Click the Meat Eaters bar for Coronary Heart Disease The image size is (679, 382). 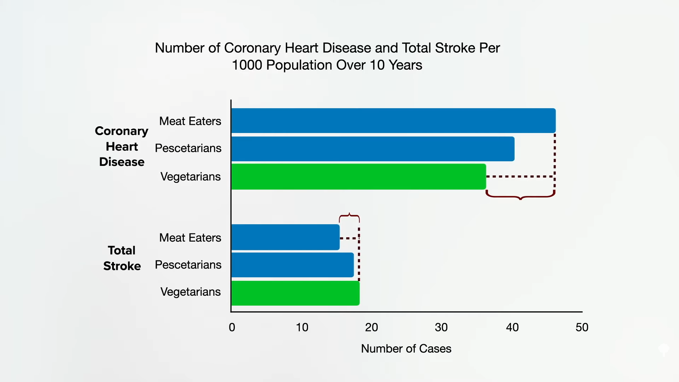[x=394, y=121]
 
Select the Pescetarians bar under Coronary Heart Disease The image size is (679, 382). [x=373, y=149]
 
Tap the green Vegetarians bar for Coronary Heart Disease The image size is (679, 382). [x=359, y=176]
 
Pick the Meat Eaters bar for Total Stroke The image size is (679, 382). [x=286, y=237]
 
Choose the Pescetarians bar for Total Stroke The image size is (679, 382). [x=293, y=265]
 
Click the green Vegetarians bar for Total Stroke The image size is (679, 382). [x=296, y=293]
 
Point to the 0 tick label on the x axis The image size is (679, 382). [x=232, y=327]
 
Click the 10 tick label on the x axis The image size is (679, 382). [x=302, y=327]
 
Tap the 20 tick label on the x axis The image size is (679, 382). [x=372, y=327]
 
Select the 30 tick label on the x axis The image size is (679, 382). [x=441, y=327]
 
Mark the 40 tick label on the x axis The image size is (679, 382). [x=512, y=327]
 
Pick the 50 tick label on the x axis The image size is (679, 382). [x=582, y=327]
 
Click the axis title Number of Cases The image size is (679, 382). [x=406, y=349]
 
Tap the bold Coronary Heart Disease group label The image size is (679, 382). [x=122, y=146]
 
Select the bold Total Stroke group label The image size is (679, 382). [x=122, y=258]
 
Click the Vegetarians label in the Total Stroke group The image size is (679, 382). [x=191, y=292]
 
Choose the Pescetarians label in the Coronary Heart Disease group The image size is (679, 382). [x=188, y=148]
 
